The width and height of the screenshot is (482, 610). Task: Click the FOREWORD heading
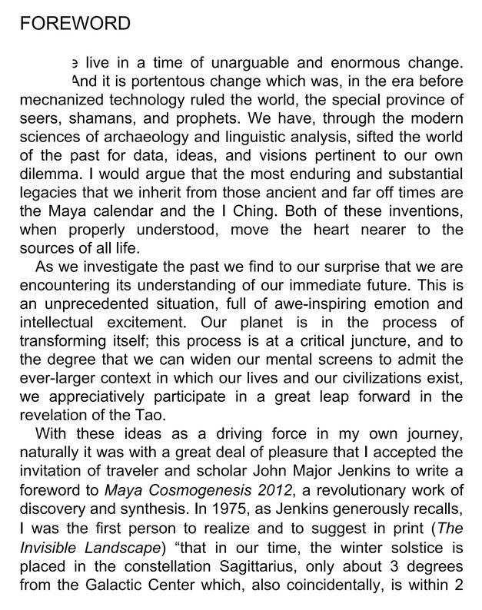[75, 24]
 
